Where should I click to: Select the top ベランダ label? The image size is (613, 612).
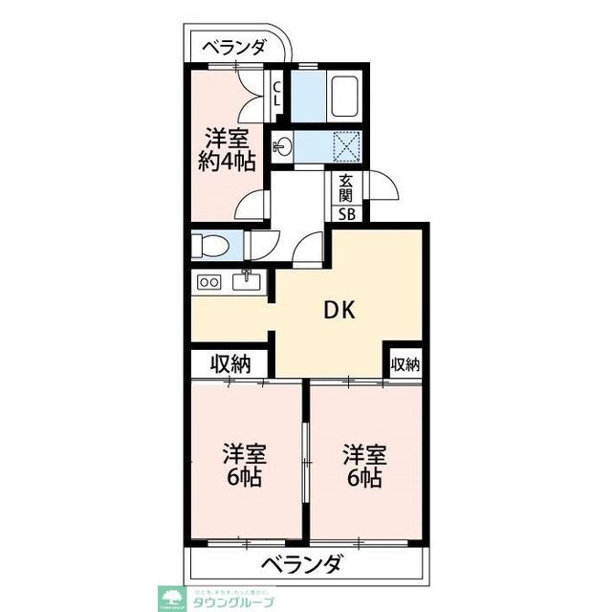pyautogui.click(x=233, y=46)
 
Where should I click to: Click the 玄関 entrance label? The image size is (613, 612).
pyautogui.click(x=345, y=189)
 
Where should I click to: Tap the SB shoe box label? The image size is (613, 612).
pyautogui.click(x=346, y=214)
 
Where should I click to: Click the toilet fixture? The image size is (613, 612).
pyautogui.click(x=208, y=246)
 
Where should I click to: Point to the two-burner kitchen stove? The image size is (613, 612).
pyautogui.click(x=208, y=282)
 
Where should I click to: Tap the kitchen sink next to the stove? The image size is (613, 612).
pyautogui.click(x=246, y=281)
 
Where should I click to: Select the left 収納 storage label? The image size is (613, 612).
pyautogui.click(x=230, y=364)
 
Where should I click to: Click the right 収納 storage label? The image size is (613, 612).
pyautogui.click(x=405, y=364)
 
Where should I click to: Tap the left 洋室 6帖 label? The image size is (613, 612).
pyautogui.click(x=245, y=465)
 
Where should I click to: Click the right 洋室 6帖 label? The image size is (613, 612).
pyautogui.click(x=364, y=465)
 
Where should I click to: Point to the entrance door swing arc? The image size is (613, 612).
pyautogui.click(x=383, y=186)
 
